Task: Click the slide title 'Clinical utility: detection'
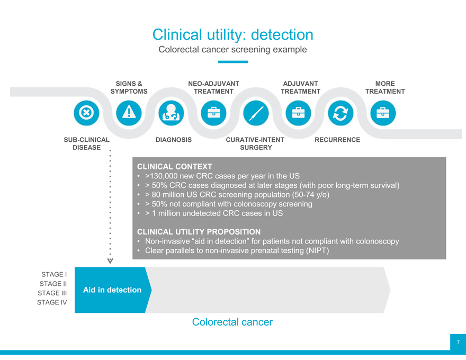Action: (232, 34)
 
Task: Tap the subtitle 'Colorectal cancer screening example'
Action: (232, 50)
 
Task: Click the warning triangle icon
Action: (128, 113)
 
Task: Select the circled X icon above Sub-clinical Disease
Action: (86, 113)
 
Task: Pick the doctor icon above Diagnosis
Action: (171, 113)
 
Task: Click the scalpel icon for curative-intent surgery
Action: (255, 113)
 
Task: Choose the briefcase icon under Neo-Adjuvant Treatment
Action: (213, 113)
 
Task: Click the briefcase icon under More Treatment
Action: (382, 113)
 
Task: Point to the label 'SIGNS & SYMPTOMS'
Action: (129, 87)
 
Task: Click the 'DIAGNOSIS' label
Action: (174, 140)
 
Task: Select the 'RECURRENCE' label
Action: (337, 140)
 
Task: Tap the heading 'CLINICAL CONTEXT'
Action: (174, 166)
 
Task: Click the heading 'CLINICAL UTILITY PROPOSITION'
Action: (199, 232)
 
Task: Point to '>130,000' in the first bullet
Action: (162, 176)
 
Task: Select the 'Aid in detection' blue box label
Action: (112, 290)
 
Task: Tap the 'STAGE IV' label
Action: (51, 302)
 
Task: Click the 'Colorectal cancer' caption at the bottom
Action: (232, 322)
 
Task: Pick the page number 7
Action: (458, 343)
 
